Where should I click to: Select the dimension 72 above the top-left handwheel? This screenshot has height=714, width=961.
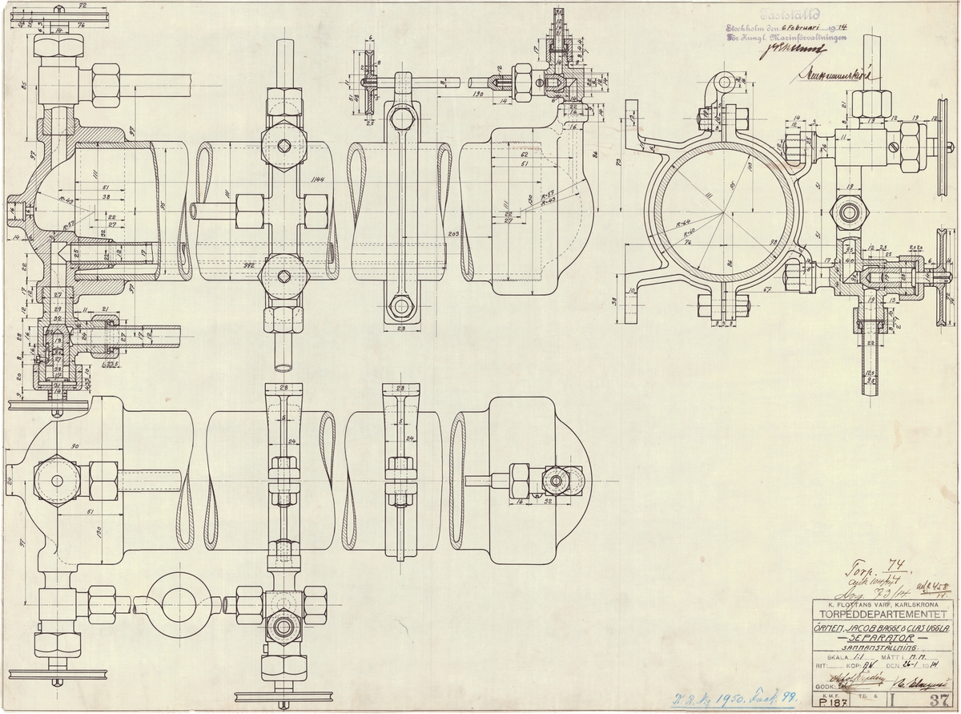[x=81, y=6]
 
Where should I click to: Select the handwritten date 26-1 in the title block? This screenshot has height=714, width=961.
[x=907, y=665]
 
